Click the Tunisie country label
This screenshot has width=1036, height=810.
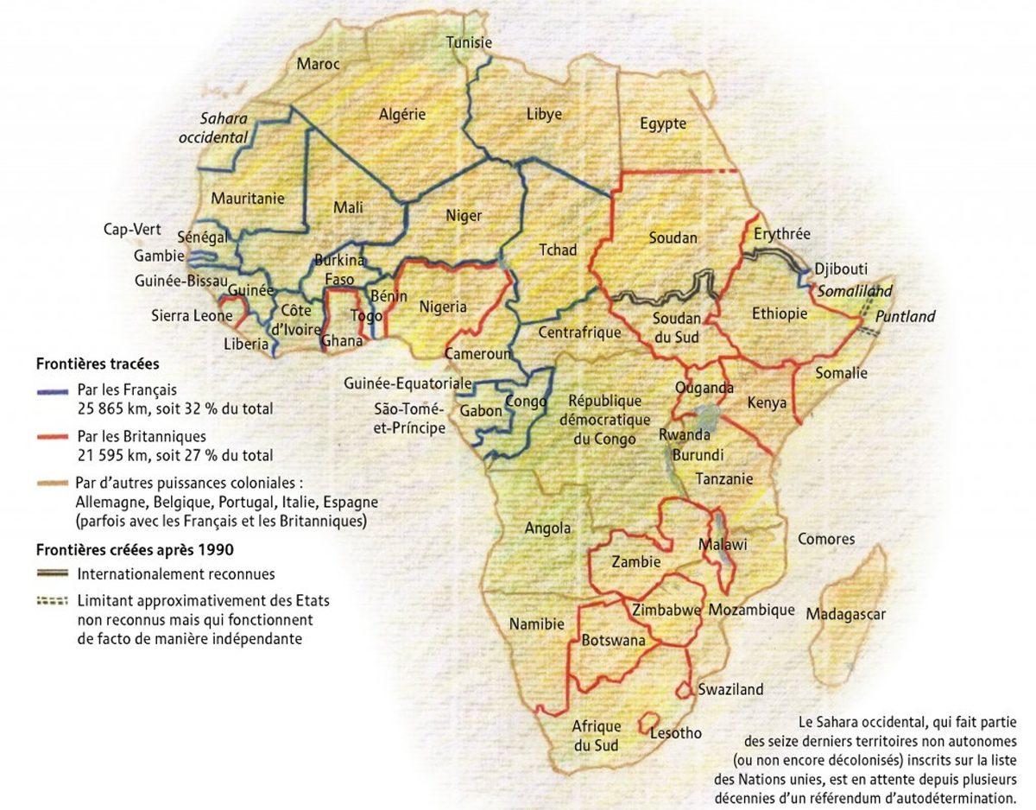(469, 42)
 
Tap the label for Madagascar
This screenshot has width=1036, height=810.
(846, 614)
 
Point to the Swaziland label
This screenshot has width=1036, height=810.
(731, 689)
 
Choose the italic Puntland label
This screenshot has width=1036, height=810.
(905, 317)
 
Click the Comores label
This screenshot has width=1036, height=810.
(826, 539)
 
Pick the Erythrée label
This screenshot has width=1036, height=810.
(781, 234)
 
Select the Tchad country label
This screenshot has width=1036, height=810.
(557, 250)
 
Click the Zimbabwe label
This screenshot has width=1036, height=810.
(666, 610)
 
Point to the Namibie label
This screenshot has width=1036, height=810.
(536, 623)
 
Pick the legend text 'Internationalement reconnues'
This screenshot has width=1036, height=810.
(176, 573)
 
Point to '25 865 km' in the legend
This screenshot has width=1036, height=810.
(110, 408)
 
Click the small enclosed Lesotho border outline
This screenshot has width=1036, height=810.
(651, 722)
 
